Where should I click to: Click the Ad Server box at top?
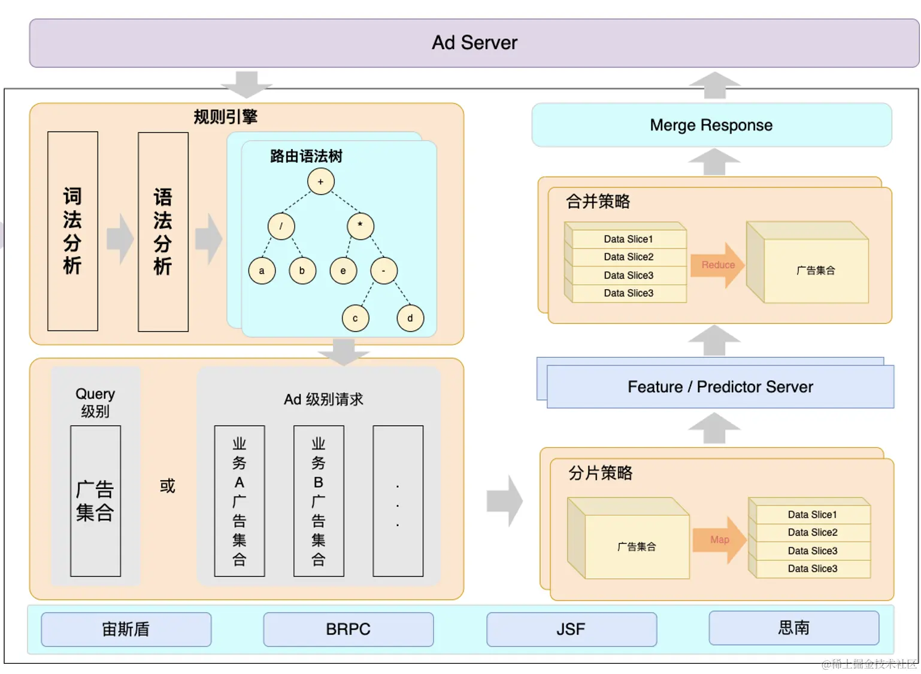click(474, 43)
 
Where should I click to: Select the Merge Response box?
click(711, 125)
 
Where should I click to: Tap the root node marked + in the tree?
click(321, 181)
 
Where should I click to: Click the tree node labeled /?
click(281, 226)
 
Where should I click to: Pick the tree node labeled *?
click(360, 226)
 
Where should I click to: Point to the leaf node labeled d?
click(410, 318)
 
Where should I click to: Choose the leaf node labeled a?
click(262, 271)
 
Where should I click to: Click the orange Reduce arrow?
click(717, 265)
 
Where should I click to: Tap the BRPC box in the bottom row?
click(348, 629)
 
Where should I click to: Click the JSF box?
click(571, 629)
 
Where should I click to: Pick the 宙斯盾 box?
click(126, 629)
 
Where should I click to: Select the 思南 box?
click(793, 628)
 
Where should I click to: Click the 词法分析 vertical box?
click(72, 231)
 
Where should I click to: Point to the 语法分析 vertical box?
click(163, 232)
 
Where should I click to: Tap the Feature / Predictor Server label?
click(720, 387)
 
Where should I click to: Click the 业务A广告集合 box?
click(240, 501)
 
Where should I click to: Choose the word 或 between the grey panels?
click(168, 485)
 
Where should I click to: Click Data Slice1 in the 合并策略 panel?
click(628, 239)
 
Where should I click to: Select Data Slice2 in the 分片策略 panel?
click(813, 532)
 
